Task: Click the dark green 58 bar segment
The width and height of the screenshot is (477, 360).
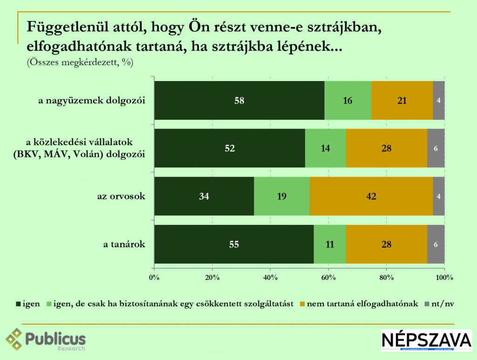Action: tap(239, 100)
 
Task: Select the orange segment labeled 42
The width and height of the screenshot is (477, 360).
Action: tap(371, 196)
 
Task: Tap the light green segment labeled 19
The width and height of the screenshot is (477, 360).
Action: tap(282, 196)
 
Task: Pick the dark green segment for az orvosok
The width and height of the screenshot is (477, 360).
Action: tap(204, 196)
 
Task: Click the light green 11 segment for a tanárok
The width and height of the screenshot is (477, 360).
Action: tap(329, 244)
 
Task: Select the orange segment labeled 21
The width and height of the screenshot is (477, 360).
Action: tap(402, 100)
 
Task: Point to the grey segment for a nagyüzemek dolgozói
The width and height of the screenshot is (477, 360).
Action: tap(438, 100)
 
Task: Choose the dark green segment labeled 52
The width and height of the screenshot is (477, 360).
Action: tap(229, 148)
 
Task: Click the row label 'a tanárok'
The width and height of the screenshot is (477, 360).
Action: tap(124, 244)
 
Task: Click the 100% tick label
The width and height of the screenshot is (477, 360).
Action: tap(444, 278)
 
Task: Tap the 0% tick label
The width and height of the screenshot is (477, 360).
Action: tap(154, 278)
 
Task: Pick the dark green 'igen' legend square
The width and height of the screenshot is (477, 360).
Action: tap(19, 304)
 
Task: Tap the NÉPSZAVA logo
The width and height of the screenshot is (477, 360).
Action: tap(426, 340)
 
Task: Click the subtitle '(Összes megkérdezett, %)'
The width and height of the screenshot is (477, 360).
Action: tap(80, 63)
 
